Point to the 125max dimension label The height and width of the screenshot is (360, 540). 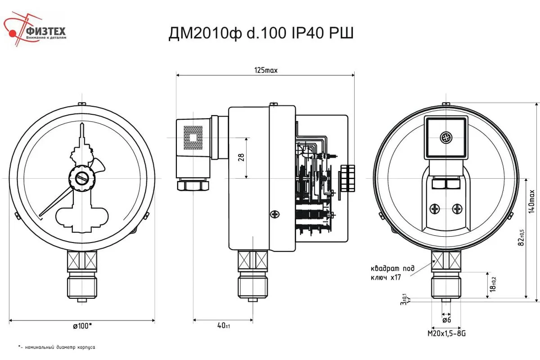click(x=266, y=70)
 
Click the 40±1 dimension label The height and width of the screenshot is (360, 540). click(x=223, y=325)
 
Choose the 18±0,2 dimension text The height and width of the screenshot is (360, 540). click(x=494, y=283)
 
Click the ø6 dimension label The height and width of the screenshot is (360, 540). click(x=446, y=320)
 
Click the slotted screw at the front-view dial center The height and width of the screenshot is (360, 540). click(x=82, y=178)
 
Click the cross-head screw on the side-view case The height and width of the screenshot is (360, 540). click(x=274, y=214)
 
